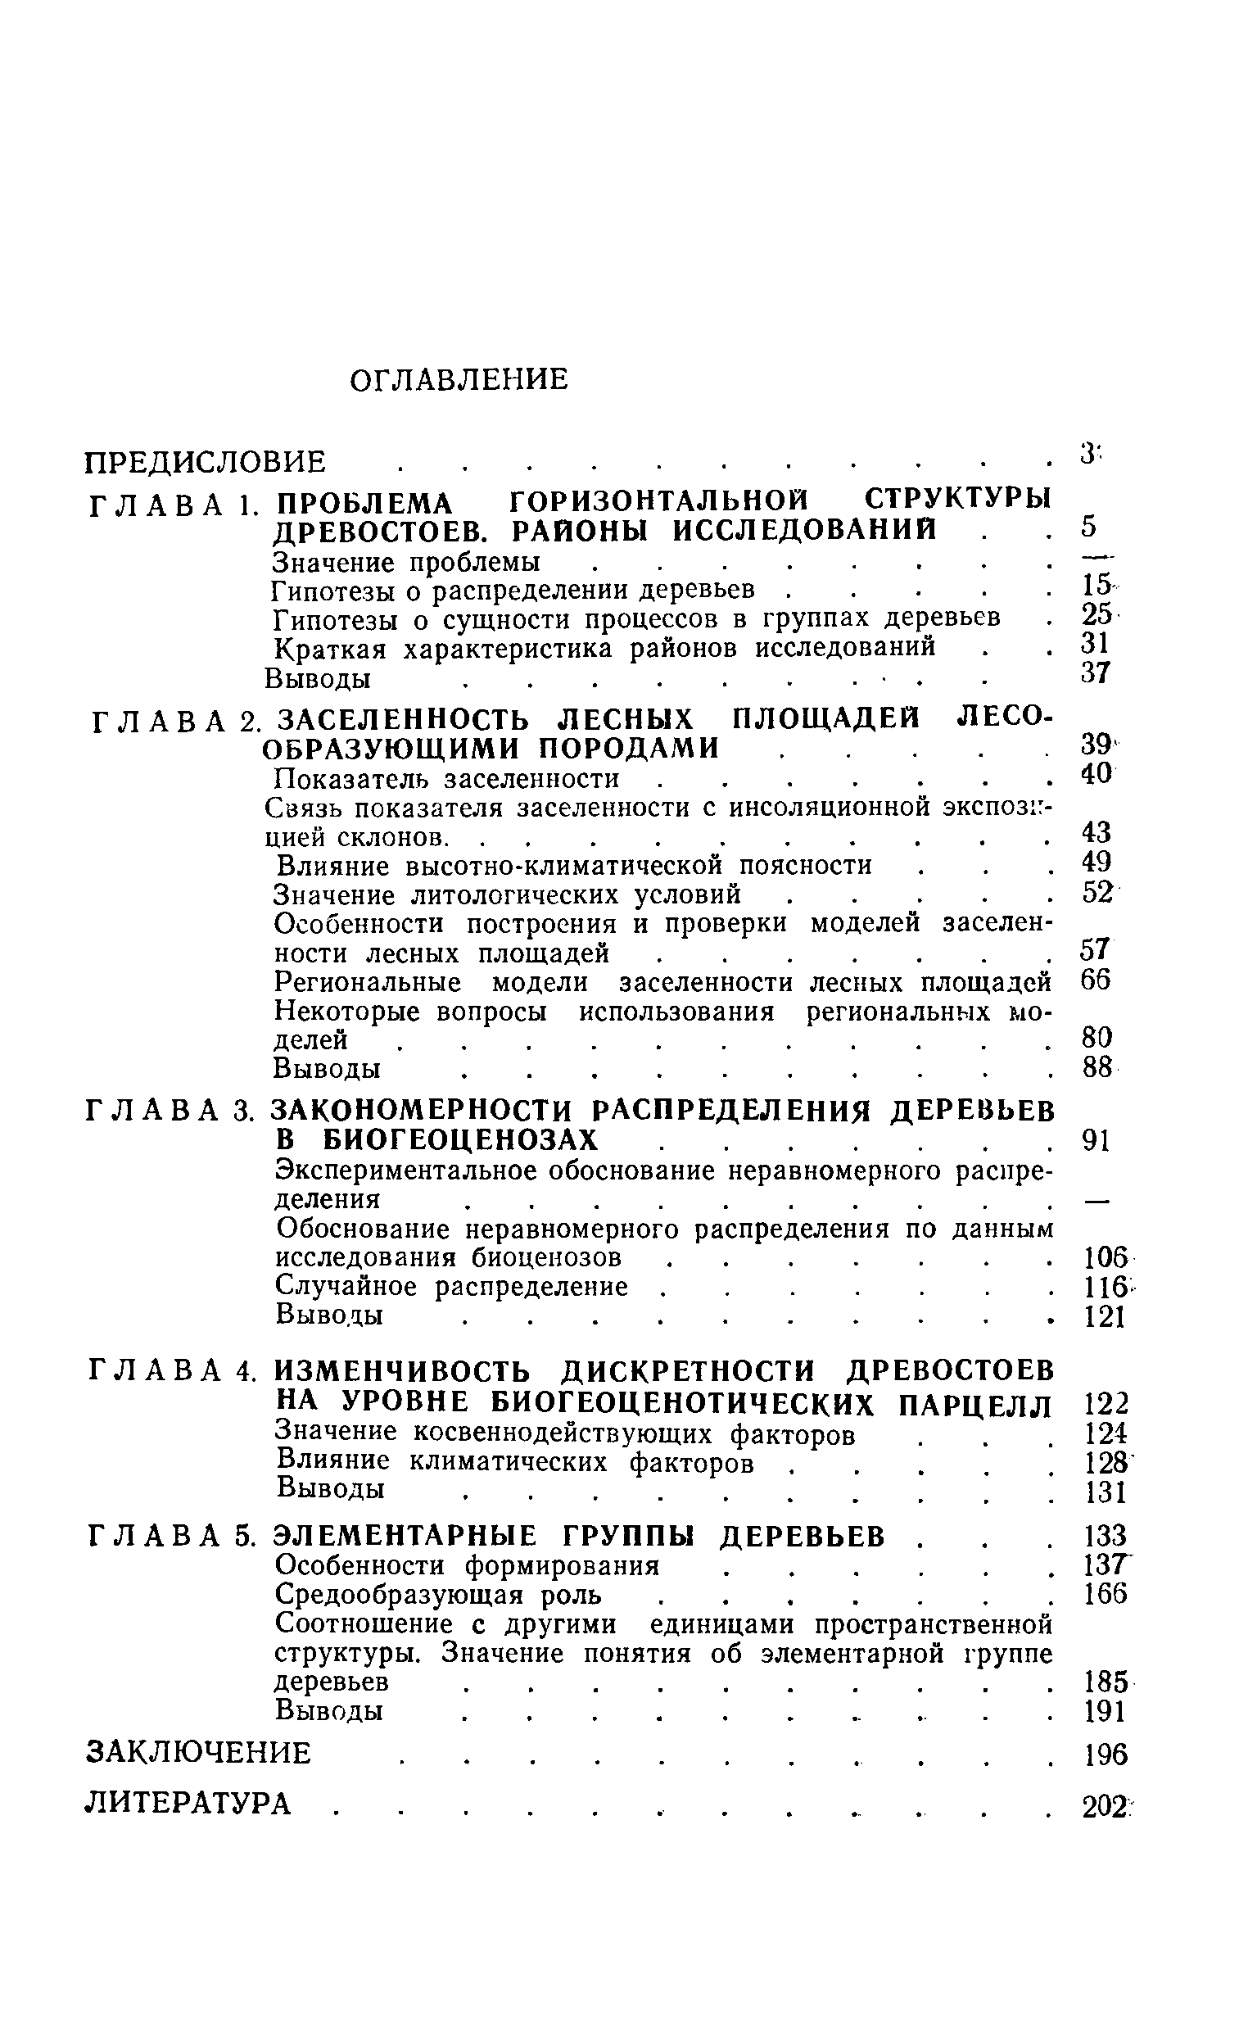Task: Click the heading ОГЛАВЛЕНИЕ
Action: coord(459,380)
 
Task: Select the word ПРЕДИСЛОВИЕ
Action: coord(206,462)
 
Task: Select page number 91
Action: coord(1097,1141)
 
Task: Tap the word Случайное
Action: coord(346,1287)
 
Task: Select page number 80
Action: coord(1097,1037)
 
